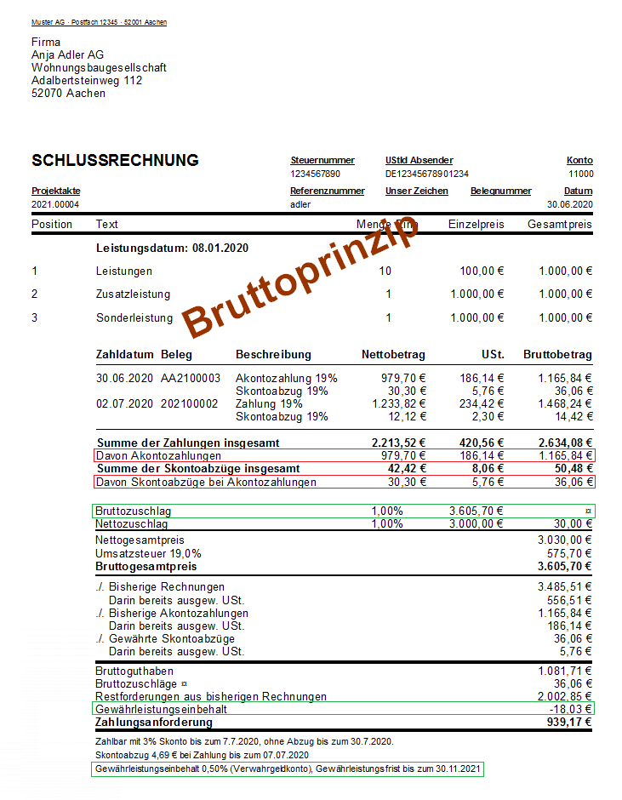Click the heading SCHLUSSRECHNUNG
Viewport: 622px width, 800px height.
[x=115, y=161]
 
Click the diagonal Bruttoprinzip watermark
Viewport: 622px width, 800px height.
[x=302, y=277]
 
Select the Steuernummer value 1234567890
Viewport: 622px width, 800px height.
[x=316, y=174]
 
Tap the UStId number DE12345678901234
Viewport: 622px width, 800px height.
[x=427, y=174]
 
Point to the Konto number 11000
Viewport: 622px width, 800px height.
[x=581, y=174]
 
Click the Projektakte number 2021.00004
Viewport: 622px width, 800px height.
[x=55, y=204]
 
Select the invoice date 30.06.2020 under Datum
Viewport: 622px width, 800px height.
[x=570, y=204]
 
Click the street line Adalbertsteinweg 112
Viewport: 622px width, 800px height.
[x=87, y=81]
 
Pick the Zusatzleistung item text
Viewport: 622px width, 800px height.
[x=133, y=294]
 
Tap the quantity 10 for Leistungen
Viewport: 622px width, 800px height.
[x=385, y=271]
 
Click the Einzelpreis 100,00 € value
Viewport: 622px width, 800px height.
[x=477, y=271]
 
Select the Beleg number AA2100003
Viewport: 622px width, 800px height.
[x=191, y=378]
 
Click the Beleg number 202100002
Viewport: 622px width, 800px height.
[x=191, y=403]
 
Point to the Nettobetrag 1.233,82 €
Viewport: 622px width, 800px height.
[x=398, y=403]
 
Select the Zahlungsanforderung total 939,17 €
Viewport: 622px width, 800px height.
[x=569, y=723]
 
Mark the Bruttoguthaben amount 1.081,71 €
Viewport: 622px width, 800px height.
[x=565, y=671]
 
